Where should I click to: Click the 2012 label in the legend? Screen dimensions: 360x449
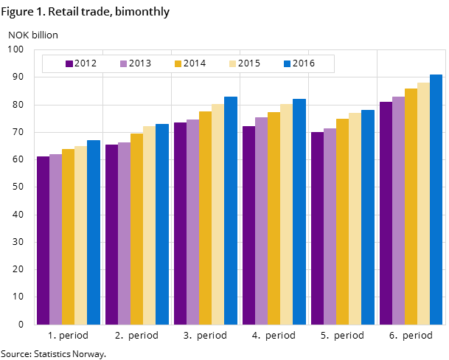pos(86,63)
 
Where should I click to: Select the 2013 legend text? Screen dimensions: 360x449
pos(140,63)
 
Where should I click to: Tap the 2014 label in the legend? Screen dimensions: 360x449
pos(195,63)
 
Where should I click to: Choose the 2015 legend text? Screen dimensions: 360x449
pos(249,63)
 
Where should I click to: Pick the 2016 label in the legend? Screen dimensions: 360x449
pos(304,63)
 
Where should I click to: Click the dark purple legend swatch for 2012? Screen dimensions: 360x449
pos(69,63)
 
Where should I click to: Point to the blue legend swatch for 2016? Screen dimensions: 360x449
pos(288,63)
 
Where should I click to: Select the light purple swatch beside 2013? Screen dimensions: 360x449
pos(124,63)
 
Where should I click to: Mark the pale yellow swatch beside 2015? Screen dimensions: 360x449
pos(233,63)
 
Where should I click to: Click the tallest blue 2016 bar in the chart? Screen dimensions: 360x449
pos(436,199)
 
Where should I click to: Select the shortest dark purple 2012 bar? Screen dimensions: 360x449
pos(43,240)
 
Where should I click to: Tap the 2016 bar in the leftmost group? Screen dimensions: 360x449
pos(94,232)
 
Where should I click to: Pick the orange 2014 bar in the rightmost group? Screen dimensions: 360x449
pos(411,207)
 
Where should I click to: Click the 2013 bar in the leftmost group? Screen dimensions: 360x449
pos(55,239)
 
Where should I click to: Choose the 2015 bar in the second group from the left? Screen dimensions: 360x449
pos(149,225)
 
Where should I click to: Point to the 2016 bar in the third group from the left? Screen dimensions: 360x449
pos(231,210)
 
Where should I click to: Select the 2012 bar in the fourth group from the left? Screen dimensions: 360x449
pos(248,225)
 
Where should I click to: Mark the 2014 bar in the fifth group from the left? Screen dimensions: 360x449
pos(342,221)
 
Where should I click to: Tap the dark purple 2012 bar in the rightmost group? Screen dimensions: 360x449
pos(386,213)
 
